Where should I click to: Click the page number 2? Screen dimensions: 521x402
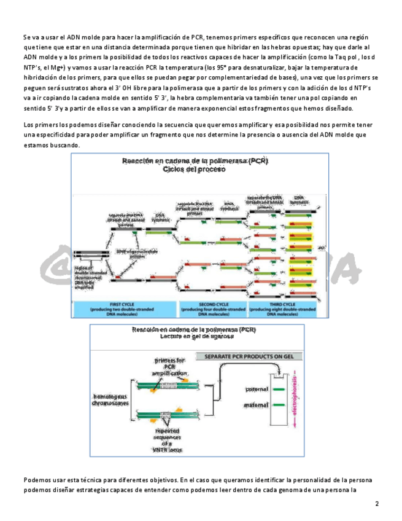tap(377, 504)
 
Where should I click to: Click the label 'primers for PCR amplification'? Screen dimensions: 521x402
tap(169, 367)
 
